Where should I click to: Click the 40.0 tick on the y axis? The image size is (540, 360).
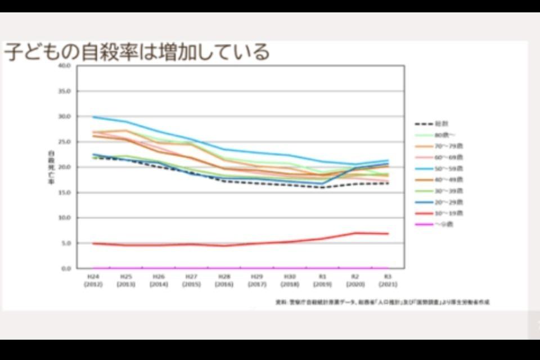(64, 66)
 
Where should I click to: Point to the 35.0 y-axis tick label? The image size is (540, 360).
(64, 91)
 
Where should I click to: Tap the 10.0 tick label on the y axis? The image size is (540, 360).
(64, 218)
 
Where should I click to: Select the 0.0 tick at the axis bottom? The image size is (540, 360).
(66, 268)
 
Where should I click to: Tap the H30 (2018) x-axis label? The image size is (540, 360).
(289, 280)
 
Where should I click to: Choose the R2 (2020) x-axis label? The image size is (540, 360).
(355, 280)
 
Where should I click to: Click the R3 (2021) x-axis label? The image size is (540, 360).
(388, 280)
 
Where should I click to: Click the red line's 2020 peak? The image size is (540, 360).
(355, 233)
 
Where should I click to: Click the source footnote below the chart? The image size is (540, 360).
(382, 302)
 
